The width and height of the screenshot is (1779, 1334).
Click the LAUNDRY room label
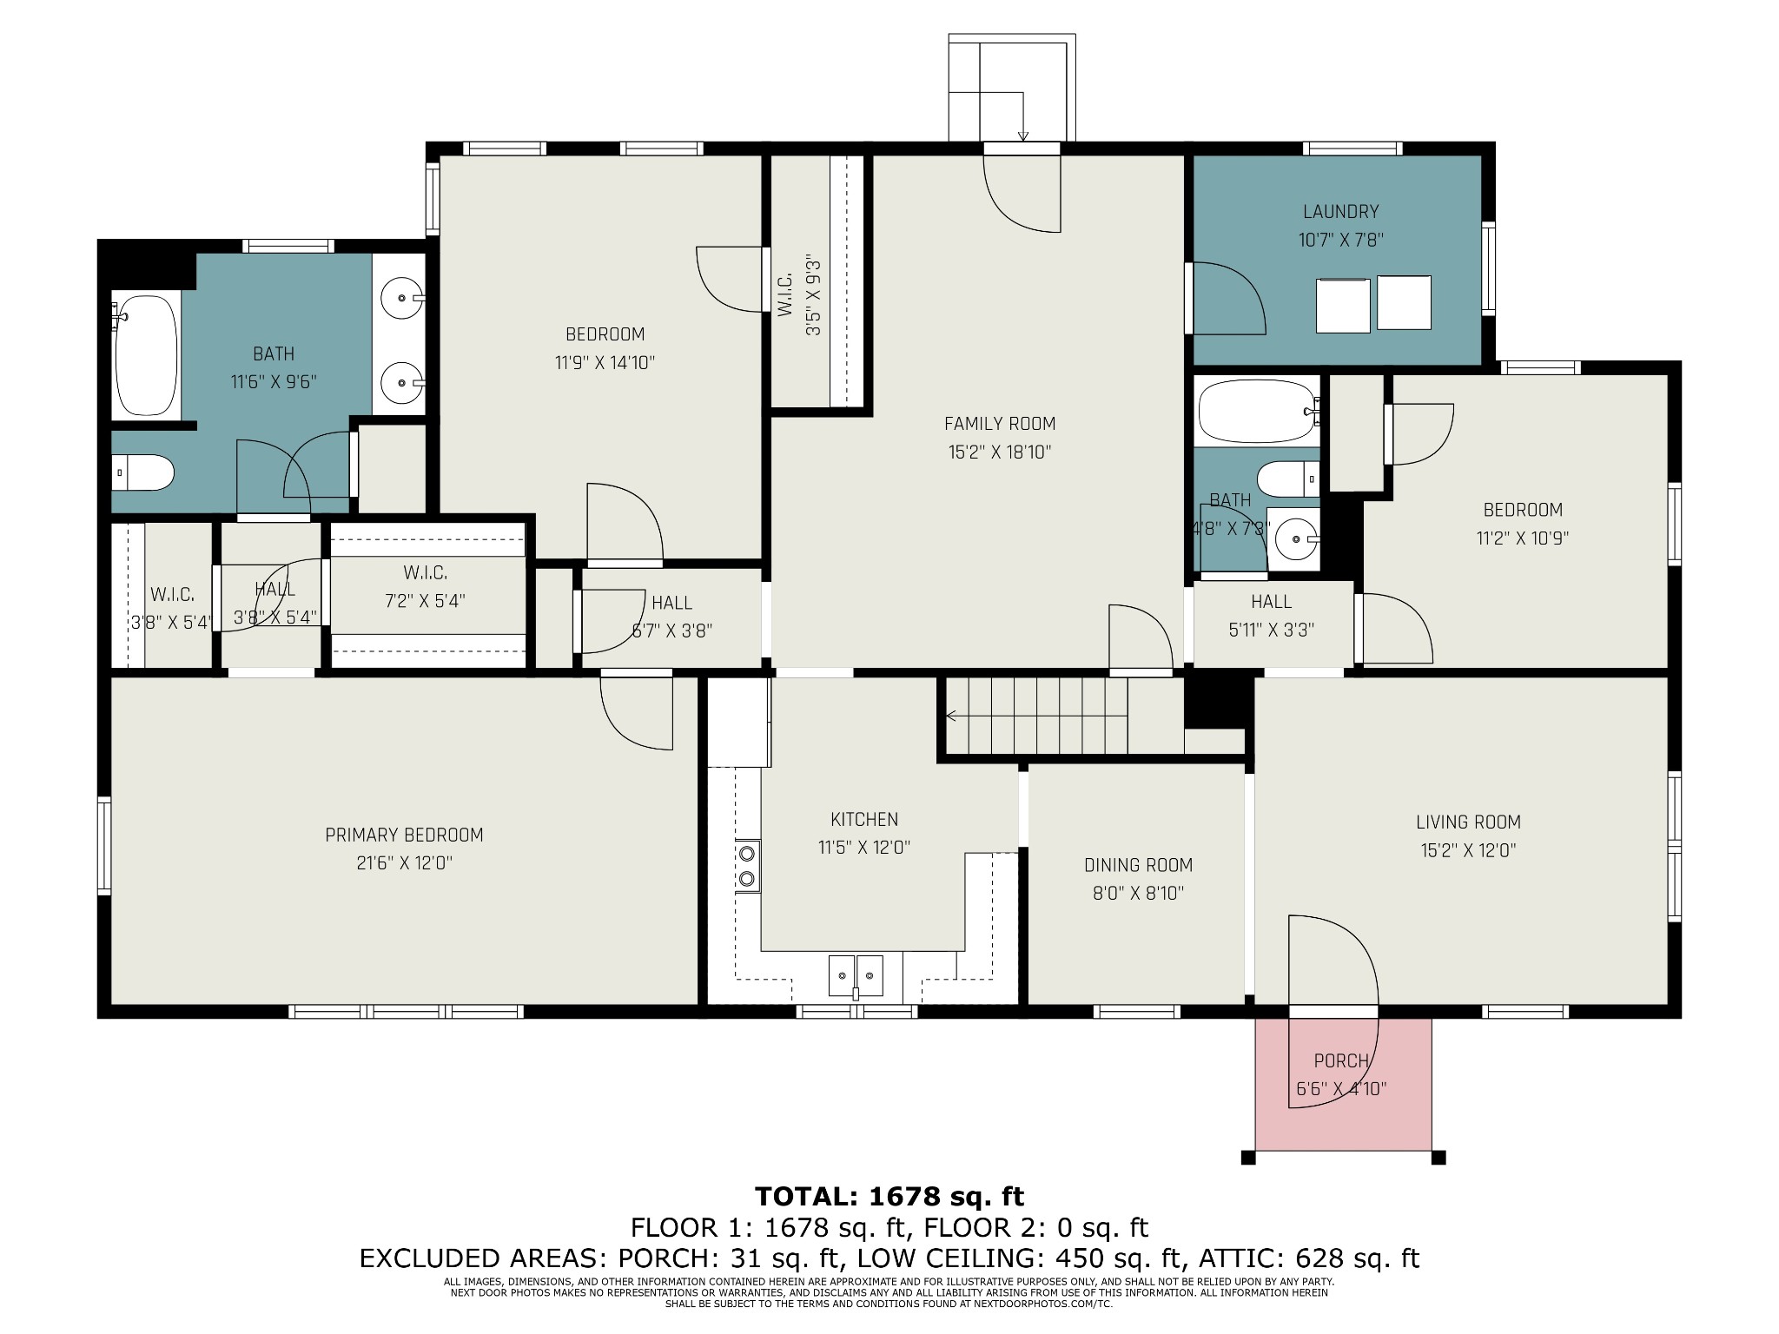[1340, 211]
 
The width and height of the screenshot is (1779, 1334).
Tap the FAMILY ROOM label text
[1000, 424]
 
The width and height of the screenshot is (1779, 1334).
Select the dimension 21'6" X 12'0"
[403, 863]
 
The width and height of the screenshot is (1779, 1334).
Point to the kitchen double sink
[856, 974]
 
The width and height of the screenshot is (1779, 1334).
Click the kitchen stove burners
[746, 865]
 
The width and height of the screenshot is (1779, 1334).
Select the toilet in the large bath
[146, 473]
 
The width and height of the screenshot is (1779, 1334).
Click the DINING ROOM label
[1138, 865]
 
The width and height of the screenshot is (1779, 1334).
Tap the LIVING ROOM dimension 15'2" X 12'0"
[1468, 850]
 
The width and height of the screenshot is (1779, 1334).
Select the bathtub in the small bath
[1255, 413]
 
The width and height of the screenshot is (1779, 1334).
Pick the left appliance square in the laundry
[1343, 305]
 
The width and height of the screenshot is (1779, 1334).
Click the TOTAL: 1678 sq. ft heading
[889, 1196]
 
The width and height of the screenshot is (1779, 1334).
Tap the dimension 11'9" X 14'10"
[605, 363]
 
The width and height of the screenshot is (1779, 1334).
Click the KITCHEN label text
[863, 819]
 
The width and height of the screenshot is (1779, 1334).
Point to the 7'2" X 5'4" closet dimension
[425, 601]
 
